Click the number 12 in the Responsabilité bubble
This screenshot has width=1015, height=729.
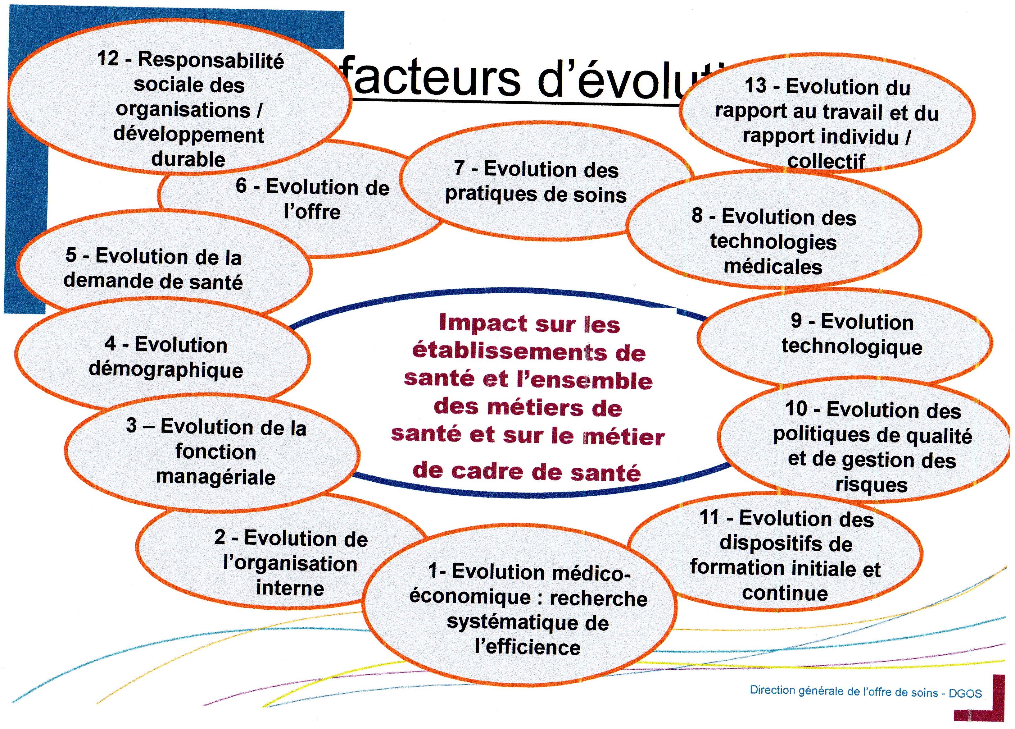108,59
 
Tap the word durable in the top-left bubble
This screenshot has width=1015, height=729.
188,159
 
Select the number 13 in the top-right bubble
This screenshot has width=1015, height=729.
755,85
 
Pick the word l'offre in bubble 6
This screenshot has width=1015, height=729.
312,211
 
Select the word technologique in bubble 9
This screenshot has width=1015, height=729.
852,347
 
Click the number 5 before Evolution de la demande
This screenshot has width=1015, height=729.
71,255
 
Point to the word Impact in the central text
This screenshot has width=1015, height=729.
483,323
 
